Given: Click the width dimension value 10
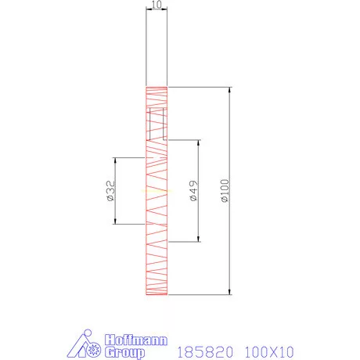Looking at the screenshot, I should point(157,5).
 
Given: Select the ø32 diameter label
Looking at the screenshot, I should point(110,191).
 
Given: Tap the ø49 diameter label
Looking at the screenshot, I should point(193,192).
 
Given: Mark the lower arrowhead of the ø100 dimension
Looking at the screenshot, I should point(229,293).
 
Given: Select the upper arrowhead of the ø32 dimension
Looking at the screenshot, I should point(116,160).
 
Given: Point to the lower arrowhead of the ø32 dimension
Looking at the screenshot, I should point(116,222).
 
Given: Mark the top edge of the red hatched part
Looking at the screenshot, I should point(157,86).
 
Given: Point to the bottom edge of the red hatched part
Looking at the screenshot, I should point(157,296).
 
